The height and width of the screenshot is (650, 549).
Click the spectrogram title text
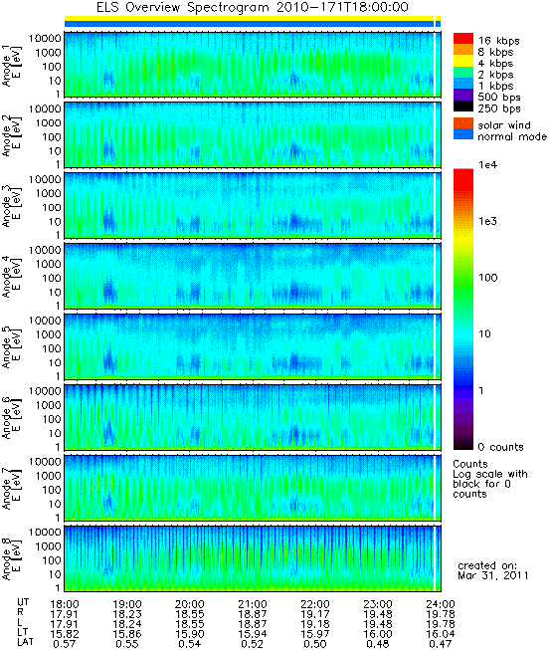(253, 7)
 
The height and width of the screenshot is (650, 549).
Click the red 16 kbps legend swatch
(463, 39)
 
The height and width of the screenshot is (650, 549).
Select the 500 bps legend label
(499, 98)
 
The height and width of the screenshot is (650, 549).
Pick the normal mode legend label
(512, 136)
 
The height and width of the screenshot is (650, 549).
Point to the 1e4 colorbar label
(487, 165)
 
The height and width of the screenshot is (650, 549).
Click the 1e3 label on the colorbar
(487, 221)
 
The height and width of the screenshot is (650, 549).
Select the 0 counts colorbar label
(500, 447)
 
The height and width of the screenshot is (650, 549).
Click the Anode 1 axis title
(11, 66)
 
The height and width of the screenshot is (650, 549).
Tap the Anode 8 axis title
(11, 559)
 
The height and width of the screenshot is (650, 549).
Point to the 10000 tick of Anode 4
(45, 250)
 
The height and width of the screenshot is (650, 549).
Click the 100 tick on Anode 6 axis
(52, 419)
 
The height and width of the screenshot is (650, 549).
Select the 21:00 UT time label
(253, 604)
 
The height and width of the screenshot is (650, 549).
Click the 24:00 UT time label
(441, 604)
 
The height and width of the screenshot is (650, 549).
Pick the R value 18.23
(126, 614)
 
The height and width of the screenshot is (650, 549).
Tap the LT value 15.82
(65, 634)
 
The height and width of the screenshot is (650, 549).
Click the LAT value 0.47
(440, 644)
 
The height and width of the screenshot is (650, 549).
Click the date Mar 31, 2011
(492, 575)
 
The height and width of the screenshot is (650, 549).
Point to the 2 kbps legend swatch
(463, 73)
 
